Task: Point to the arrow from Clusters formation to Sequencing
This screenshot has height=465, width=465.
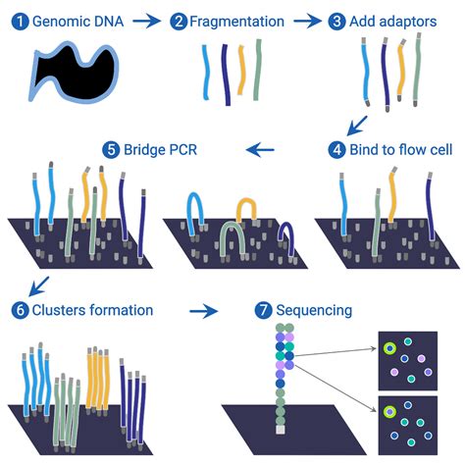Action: [x=203, y=311]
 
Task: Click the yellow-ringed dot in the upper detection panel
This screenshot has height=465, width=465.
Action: [x=389, y=347]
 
